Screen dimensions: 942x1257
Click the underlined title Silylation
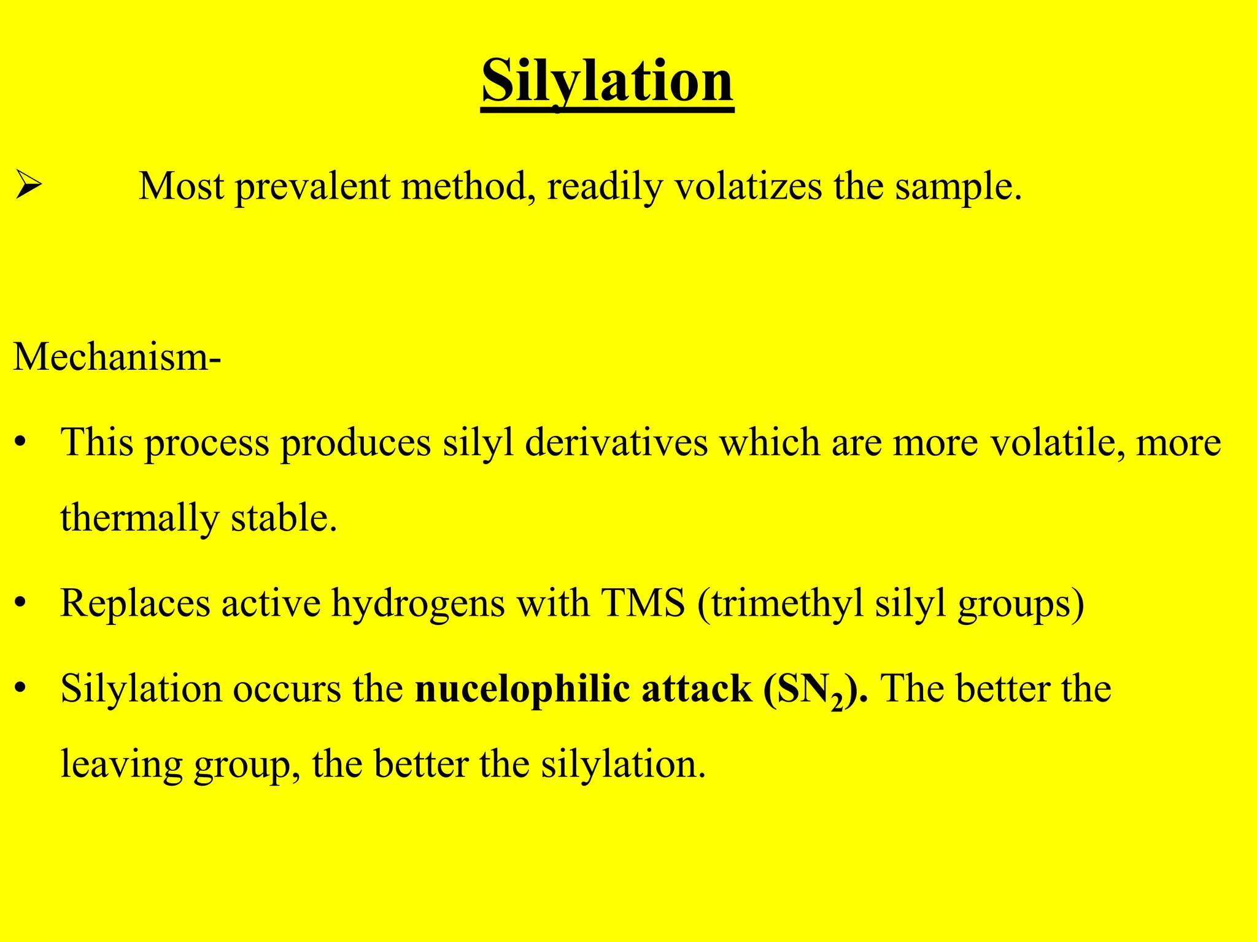click(607, 81)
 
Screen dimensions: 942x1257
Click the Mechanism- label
click(117, 356)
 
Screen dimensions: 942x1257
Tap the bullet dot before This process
click(21, 442)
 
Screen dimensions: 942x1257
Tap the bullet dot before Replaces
click(21, 603)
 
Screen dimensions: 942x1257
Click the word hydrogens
click(418, 603)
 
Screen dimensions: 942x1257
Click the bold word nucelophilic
click(522, 689)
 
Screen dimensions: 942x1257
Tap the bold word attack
click(697, 689)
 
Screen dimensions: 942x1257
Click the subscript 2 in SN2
click(837, 701)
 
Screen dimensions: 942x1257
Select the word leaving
click(122, 765)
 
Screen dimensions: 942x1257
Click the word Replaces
click(135, 603)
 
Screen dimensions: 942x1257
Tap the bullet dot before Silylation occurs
click(21, 689)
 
